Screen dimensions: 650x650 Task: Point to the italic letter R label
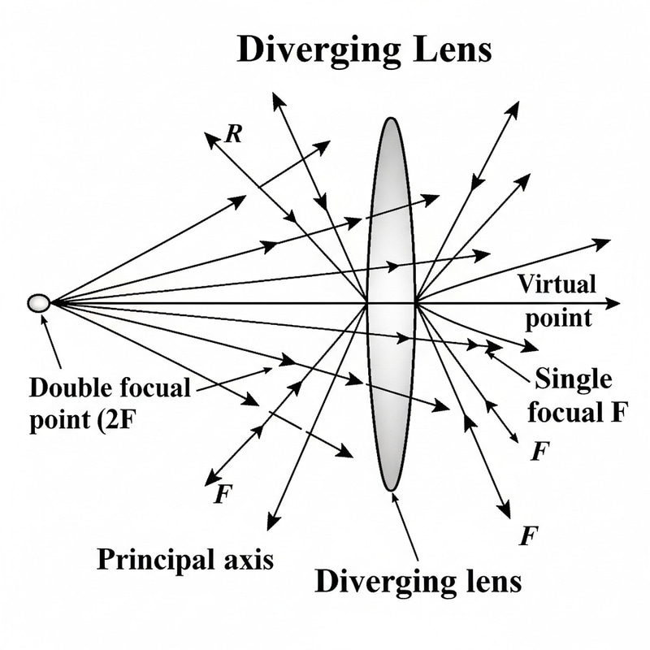pos(233,135)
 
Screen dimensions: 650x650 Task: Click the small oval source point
pos(37,303)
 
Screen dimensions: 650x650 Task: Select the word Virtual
pos(556,284)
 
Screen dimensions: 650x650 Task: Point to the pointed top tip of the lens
pos(392,119)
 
